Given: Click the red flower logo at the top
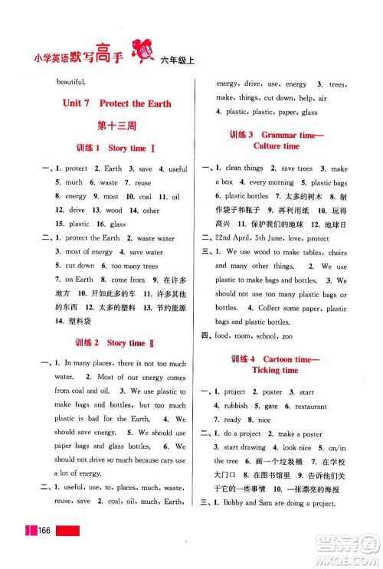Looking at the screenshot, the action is coord(142,48).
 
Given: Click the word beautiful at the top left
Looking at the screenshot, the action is coord(71,80).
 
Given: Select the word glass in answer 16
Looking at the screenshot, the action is coord(118,224).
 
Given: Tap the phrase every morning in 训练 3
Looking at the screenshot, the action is coord(271,182).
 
